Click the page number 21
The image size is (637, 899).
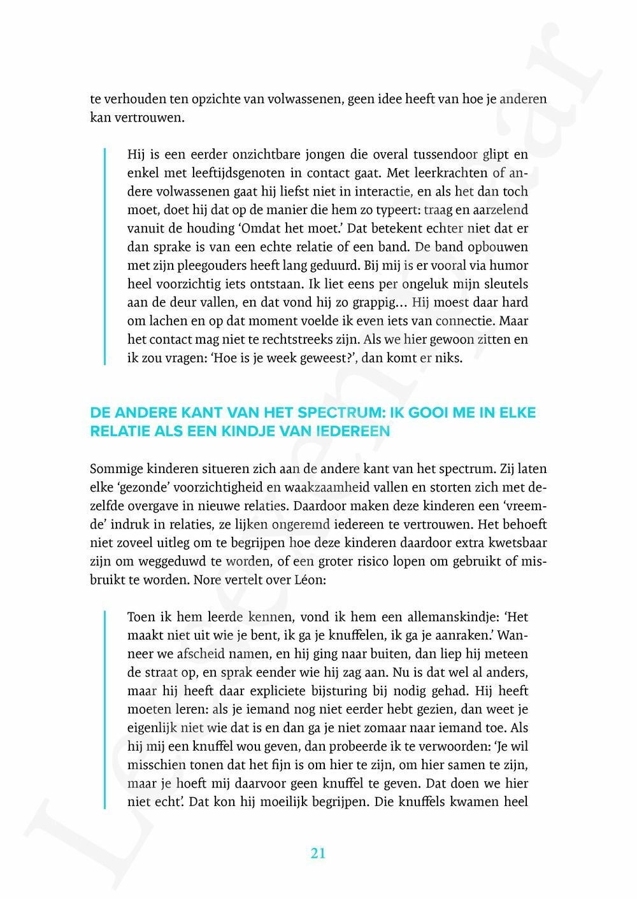[x=318, y=853]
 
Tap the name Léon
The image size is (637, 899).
[x=310, y=581]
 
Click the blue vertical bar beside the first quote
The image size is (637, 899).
[x=105, y=256]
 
